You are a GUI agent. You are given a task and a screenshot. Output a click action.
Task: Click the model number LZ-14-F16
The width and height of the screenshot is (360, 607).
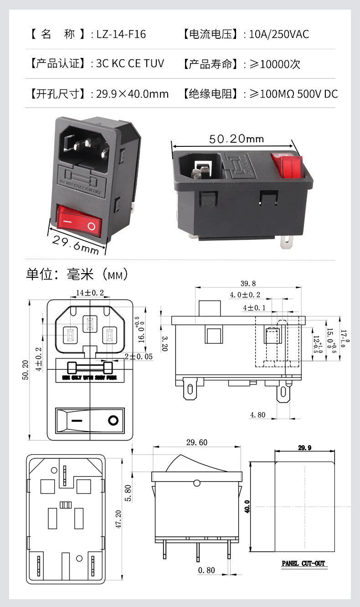click(x=121, y=34)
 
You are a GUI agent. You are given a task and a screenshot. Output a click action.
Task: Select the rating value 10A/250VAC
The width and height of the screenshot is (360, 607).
click(x=279, y=34)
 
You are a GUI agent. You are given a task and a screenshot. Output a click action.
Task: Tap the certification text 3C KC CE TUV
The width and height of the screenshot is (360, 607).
click(x=130, y=63)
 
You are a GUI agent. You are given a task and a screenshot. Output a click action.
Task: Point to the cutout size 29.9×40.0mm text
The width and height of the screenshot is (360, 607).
click(x=132, y=94)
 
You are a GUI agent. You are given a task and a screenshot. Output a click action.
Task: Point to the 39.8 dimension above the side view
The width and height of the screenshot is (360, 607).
click(x=248, y=283)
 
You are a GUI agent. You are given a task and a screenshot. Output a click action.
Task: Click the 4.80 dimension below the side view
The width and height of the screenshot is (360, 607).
click(x=257, y=415)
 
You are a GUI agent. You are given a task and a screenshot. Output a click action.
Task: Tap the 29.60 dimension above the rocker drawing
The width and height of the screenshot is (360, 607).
click(x=196, y=442)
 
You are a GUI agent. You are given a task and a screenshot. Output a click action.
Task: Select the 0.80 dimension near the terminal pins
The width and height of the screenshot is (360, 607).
click(x=206, y=570)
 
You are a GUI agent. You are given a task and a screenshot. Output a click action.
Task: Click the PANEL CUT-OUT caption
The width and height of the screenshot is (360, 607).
click(x=303, y=564)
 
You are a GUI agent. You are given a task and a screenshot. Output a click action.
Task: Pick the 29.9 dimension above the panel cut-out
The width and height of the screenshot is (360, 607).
click(x=304, y=448)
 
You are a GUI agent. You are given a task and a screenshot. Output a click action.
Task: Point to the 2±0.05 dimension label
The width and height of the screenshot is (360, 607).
click(x=139, y=357)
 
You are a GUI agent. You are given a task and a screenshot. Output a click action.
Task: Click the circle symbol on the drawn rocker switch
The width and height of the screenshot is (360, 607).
click(x=113, y=420)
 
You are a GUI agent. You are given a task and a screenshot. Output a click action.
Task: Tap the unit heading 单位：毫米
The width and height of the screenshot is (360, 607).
click(x=60, y=275)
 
